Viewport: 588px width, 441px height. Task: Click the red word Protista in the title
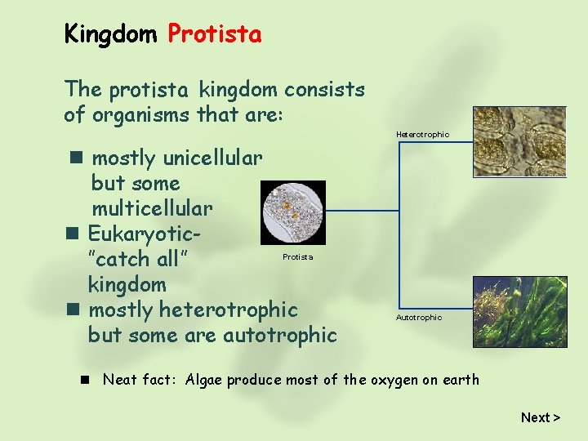click(215, 34)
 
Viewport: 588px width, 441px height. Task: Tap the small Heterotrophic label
click(422, 134)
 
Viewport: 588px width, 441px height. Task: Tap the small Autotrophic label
click(419, 317)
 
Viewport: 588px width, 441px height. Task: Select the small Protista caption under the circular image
click(297, 256)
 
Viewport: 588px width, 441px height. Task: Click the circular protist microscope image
click(292, 212)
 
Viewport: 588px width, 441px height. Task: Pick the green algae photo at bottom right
click(520, 311)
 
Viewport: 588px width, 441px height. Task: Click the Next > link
click(540, 417)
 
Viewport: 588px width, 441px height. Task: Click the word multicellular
click(152, 209)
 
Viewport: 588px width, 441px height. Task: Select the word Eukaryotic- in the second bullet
click(145, 234)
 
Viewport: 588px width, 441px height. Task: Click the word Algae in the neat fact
click(207, 379)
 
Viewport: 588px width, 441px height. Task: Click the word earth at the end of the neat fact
click(460, 379)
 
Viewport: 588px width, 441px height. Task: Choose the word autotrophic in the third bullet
click(279, 335)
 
